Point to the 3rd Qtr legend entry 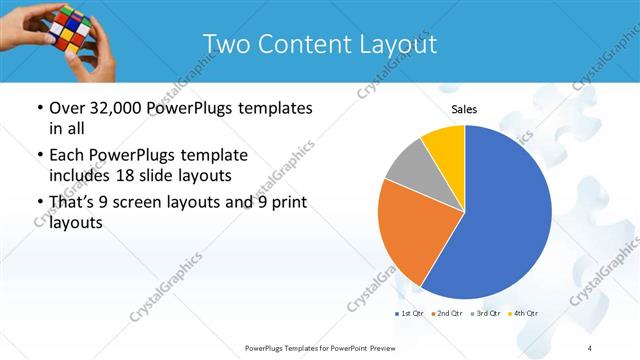pos(484,314)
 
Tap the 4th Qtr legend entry pos(522,314)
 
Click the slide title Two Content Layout pos(319,45)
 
